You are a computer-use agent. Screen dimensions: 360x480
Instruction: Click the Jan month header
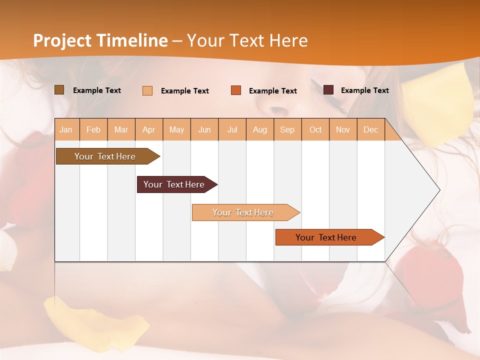point(66,130)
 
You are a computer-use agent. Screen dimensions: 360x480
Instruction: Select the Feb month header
point(93,130)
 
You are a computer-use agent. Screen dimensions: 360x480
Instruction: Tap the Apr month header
point(149,130)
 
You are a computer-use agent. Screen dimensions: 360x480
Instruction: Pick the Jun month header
point(204,130)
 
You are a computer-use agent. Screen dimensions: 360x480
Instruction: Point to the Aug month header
point(259,130)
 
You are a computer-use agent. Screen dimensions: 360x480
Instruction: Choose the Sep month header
point(287,130)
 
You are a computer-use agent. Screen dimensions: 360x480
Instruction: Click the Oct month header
point(315,130)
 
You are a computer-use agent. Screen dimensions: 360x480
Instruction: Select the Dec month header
point(370,130)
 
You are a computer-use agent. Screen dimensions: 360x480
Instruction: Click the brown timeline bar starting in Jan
point(105,156)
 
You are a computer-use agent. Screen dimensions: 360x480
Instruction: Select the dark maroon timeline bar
point(174,184)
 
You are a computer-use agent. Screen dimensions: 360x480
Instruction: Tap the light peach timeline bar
point(243,212)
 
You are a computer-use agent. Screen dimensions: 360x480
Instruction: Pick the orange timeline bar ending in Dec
point(326,237)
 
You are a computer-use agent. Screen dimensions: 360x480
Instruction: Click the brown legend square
point(59,90)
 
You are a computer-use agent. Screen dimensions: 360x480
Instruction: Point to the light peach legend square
point(147,90)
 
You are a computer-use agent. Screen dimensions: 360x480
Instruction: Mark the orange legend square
point(236,90)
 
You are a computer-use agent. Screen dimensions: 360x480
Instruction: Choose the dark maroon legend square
point(328,90)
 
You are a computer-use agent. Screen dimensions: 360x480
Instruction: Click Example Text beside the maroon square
point(364,90)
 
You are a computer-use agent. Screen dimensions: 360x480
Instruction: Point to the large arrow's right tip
point(439,190)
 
